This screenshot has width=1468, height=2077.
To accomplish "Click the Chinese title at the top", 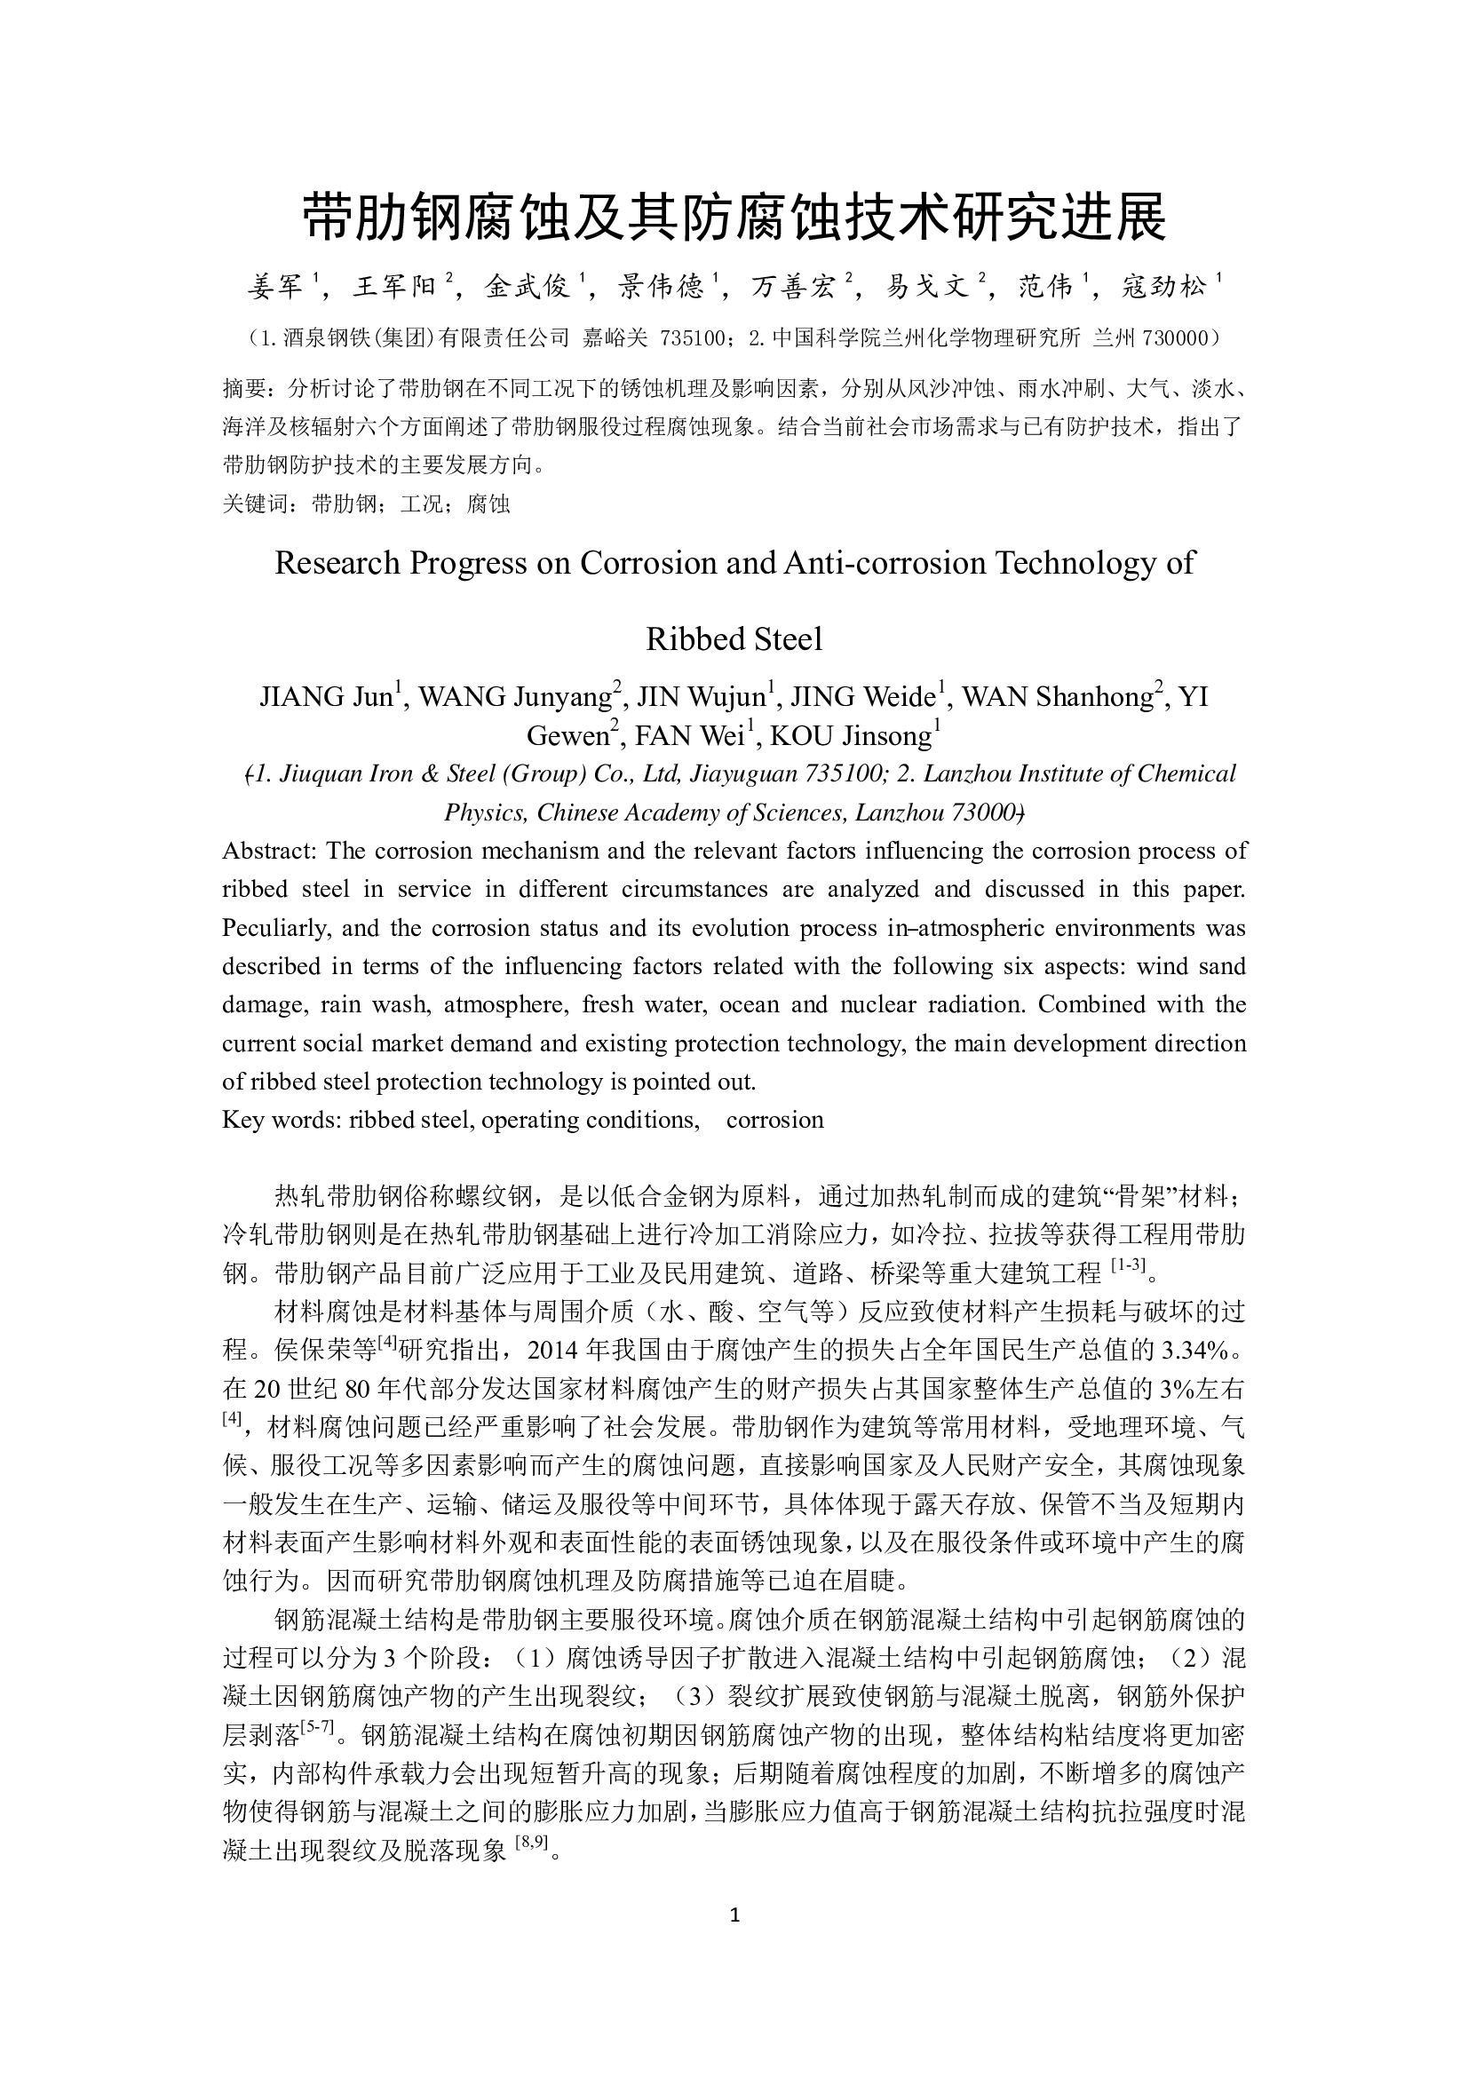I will [734, 217].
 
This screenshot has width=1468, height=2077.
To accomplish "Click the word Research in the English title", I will [337, 563].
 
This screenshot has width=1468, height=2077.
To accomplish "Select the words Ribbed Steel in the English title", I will [734, 638].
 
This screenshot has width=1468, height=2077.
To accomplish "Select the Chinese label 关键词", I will [256, 503].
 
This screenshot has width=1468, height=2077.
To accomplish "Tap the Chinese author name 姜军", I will [275, 288].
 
